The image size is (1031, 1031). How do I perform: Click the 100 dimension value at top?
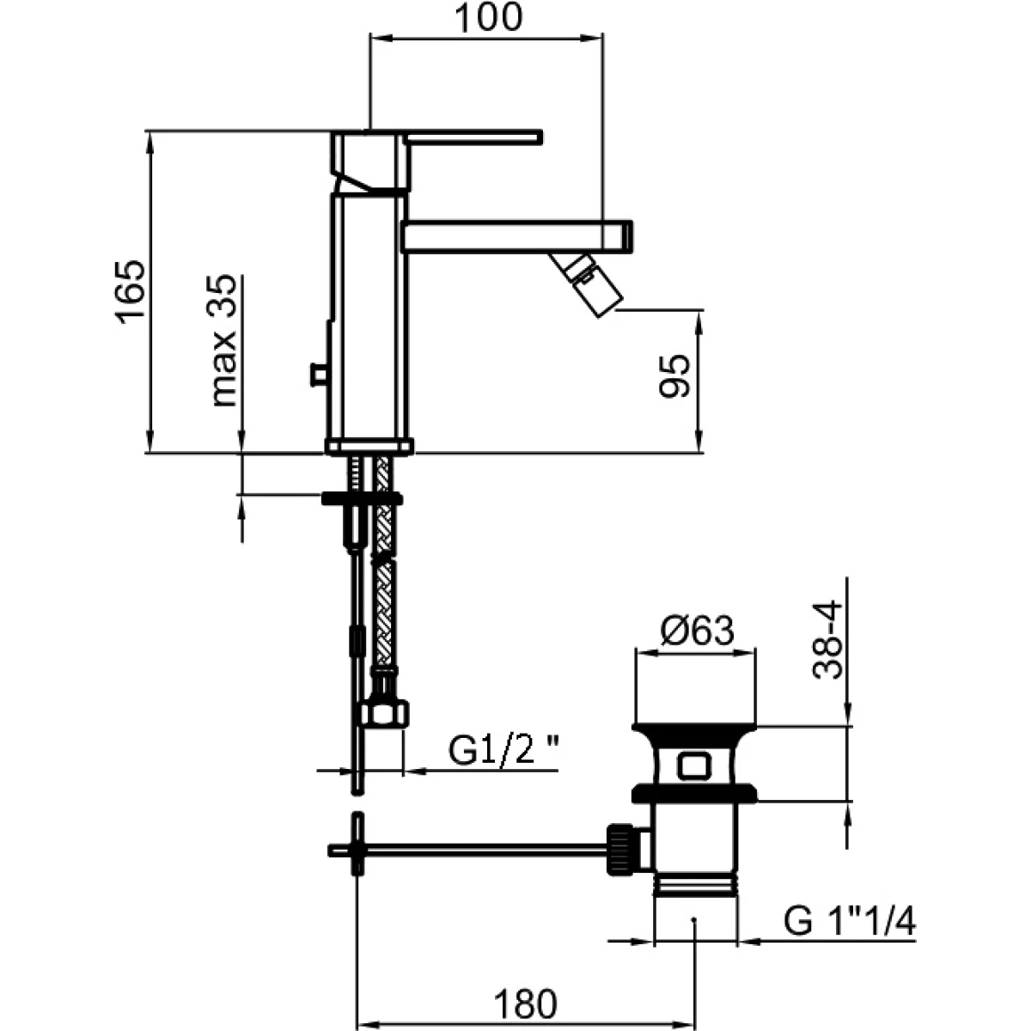[488, 18]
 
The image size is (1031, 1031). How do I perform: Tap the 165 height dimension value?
[130, 291]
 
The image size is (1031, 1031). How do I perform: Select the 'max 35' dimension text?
[223, 340]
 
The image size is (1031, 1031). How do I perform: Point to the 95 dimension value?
[674, 375]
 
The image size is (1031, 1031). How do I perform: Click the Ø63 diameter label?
[697, 631]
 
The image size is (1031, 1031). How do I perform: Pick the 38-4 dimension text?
[827, 640]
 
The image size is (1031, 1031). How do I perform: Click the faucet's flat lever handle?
[473, 137]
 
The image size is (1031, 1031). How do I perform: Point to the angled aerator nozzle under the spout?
[586, 282]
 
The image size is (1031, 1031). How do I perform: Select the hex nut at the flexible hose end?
[383, 712]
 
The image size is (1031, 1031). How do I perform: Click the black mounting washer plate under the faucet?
[362, 498]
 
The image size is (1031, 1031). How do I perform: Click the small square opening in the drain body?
[694, 766]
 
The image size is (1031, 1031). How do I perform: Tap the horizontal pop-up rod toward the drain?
[468, 849]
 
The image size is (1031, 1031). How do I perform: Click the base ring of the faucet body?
[369, 446]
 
